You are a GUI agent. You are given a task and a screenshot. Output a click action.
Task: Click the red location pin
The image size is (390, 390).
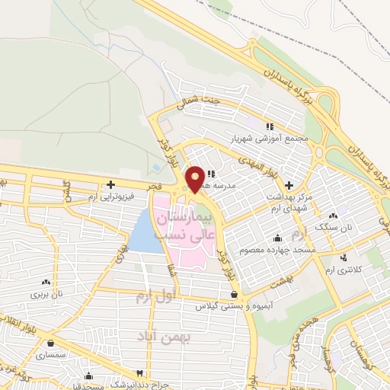click(195, 178)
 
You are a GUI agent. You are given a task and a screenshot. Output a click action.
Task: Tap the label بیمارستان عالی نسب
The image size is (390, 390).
click(182, 228)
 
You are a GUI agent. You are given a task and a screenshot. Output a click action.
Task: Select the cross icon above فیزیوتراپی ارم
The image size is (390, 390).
click(112, 184)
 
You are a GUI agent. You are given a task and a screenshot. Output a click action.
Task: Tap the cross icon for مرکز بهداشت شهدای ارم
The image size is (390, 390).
click(289, 185)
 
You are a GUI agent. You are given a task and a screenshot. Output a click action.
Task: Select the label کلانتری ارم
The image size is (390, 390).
click(345, 270)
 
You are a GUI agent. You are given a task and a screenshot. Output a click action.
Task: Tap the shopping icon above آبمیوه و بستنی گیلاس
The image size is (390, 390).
click(233, 293)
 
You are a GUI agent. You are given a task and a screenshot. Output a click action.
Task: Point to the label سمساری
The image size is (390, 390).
click(58, 356)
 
